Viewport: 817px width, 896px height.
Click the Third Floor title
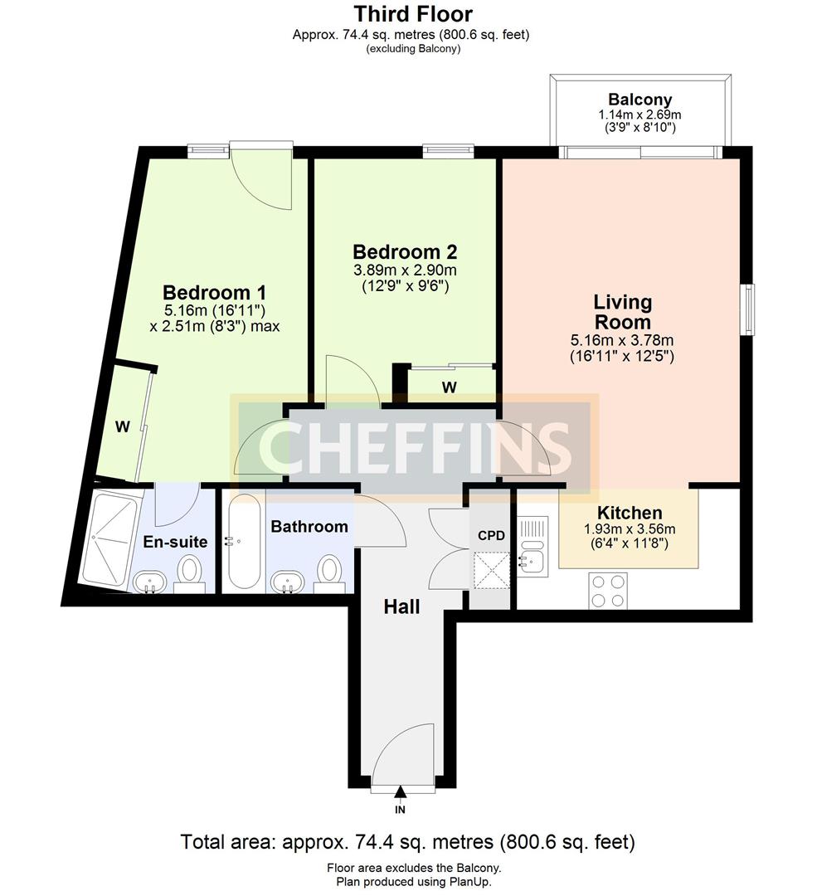pos(412,14)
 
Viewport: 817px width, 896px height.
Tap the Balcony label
pos(639,100)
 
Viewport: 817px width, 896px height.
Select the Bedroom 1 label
pos(214,293)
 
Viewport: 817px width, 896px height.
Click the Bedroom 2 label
pos(405,251)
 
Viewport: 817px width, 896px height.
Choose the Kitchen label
pos(626,513)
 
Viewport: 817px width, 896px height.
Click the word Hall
pos(401,606)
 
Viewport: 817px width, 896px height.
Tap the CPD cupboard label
pos(491,535)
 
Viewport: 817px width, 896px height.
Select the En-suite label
pos(175,542)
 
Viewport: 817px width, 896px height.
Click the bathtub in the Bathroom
pos(244,543)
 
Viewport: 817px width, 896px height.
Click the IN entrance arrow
pos(401,793)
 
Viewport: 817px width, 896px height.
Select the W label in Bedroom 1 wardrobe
pos(122,427)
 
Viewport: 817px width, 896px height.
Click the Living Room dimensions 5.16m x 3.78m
pos(621,339)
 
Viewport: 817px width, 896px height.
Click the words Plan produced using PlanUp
pos(408,882)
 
